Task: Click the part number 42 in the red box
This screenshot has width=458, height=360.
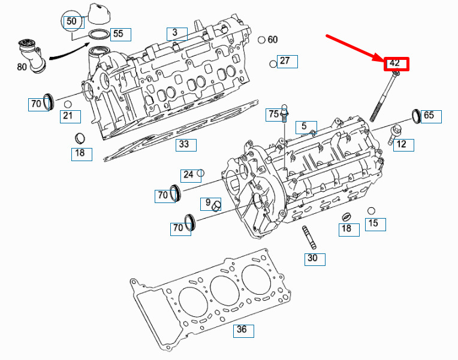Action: pyautogui.click(x=394, y=63)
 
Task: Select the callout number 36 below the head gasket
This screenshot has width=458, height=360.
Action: pyautogui.click(x=242, y=329)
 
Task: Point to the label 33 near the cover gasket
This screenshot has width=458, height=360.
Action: pyautogui.click(x=184, y=144)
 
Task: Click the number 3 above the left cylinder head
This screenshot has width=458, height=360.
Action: pyautogui.click(x=174, y=32)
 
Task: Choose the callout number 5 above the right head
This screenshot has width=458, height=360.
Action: pyautogui.click(x=304, y=126)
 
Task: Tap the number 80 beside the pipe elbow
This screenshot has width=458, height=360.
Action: pyautogui.click(x=22, y=67)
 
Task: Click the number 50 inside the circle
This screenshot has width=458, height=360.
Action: pyautogui.click(x=71, y=21)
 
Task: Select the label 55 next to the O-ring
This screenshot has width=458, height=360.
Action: pyautogui.click(x=118, y=34)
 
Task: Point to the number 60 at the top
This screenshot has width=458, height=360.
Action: pyautogui.click(x=273, y=40)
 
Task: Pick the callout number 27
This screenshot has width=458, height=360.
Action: pyautogui.click(x=285, y=60)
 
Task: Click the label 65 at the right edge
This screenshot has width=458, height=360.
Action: pyautogui.click(x=429, y=115)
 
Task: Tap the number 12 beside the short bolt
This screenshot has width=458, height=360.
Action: pyautogui.click(x=401, y=144)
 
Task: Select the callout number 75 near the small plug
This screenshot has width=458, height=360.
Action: pyautogui.click(x=274, y=114)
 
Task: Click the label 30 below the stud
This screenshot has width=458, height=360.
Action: pyautogui.click(x=312, y=258)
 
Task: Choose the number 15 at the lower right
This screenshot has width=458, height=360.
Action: pyautogui.click(x=373, y=223)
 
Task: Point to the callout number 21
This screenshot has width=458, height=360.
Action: pyautogui.click(x=68, y=116)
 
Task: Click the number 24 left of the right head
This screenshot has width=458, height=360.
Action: pyautogui.click(x=188, y=174)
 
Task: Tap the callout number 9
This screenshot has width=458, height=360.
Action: pyautogui.click(x=208, y=202)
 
